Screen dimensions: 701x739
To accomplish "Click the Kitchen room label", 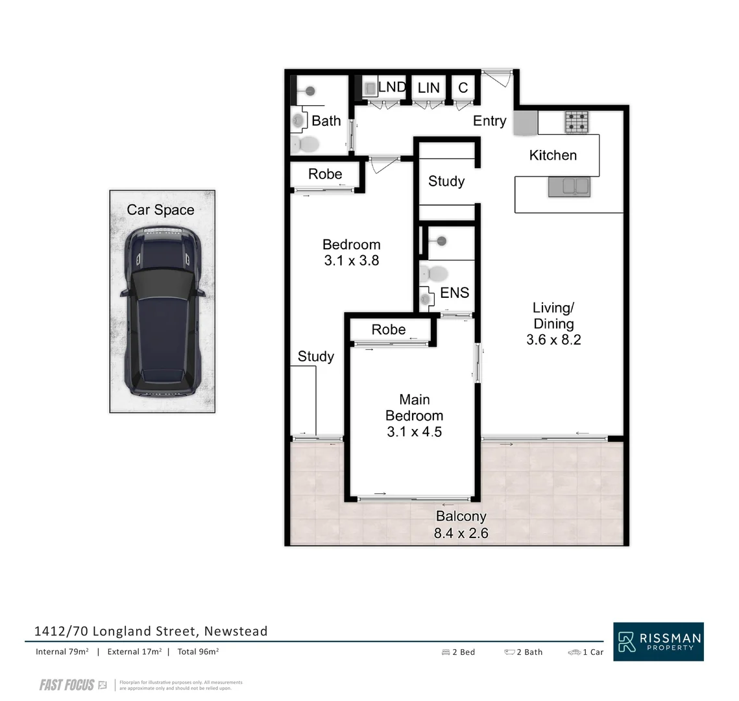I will tap(553, 155).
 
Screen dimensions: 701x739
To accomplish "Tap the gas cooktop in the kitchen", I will tap(575, 122).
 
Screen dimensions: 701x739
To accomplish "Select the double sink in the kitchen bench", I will tap(568, 187).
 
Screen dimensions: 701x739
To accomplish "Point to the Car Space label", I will tap(160, 210).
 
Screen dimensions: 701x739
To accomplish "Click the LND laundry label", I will tap(392, 87).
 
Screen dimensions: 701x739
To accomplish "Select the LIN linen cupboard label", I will tap(428, 88).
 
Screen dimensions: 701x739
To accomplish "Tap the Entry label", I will tap(489, 121).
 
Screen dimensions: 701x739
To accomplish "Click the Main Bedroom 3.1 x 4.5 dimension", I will tap(414, 432).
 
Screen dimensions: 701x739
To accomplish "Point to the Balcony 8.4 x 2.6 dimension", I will tap(461, 534).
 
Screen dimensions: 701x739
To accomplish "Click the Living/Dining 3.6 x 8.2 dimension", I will tap(553, 339).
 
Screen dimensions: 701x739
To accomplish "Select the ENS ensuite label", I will tap(454, 293).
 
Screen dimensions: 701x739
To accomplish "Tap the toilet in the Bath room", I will tap(304, 144).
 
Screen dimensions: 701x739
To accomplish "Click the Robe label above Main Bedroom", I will tap(389, 330).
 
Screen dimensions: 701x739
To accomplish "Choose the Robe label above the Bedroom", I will tap(325, 174).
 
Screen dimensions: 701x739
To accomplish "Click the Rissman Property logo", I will tap(658, 642).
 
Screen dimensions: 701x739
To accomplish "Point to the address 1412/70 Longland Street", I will tap(151, 631).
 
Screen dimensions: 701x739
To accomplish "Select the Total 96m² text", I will tap(198, 652).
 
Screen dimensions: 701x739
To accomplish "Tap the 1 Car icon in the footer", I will tap(574, 652).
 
